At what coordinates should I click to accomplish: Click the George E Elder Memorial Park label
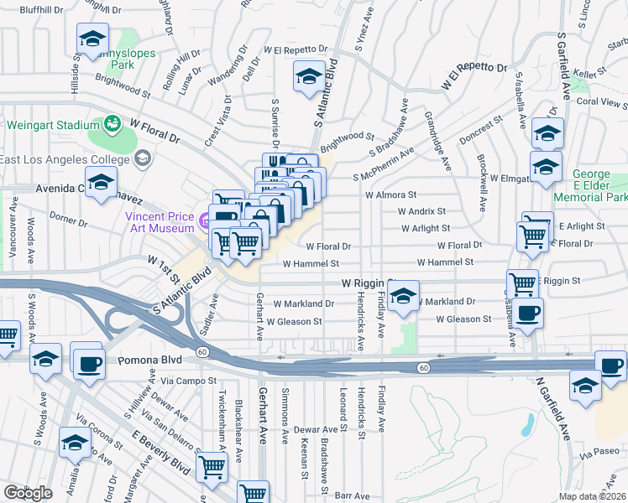click(599, 185)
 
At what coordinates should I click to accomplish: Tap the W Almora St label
click(390, 194)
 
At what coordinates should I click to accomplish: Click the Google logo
click(28, 492)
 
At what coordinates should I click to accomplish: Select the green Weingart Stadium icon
click(112, 125)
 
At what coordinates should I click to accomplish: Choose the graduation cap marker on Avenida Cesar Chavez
click(101, 182)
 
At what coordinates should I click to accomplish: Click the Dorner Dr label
click(69, 216)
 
